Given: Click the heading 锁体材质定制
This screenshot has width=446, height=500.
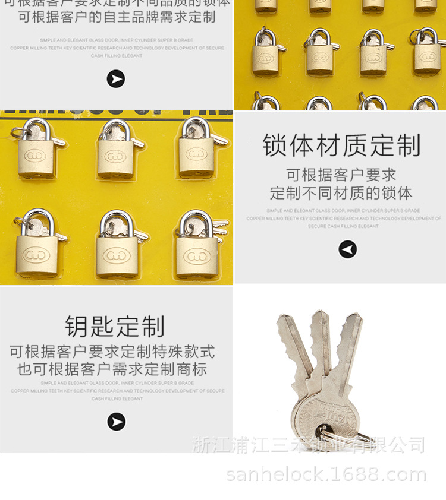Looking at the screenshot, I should (341, 145).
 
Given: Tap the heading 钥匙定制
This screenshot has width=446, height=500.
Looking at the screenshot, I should (115, 326).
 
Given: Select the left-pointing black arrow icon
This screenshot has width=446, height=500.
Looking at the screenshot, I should (348, 249).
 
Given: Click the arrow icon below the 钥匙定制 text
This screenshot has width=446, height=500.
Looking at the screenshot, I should (116, 422).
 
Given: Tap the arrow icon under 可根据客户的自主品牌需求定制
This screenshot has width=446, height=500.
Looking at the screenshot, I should (115, 78).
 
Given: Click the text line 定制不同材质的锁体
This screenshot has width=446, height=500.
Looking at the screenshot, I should (341, 193).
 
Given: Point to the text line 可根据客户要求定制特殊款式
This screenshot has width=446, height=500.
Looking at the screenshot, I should (112, 352).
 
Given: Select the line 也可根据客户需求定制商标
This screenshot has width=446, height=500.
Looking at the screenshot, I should (112, 369).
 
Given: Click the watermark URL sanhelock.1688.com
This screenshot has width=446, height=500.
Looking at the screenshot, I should (326, 474).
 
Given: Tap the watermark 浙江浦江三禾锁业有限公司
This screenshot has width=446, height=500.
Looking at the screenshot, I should (309, 444).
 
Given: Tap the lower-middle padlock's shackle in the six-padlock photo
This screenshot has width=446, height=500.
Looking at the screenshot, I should (117, 222).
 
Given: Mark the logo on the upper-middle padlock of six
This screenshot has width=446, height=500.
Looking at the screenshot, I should (116, 156).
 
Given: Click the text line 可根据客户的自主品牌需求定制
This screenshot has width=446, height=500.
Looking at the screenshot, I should (117, 17).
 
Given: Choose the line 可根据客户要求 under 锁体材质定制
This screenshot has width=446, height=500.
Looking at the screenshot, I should (341, 175).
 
